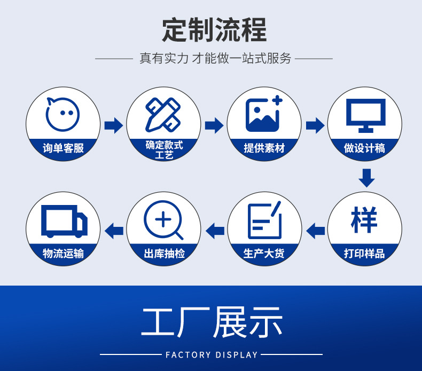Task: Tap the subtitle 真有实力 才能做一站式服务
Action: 215,59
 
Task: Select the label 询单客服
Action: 63,148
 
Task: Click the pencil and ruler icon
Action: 163,114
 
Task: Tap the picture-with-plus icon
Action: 264,114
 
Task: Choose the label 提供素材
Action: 264,148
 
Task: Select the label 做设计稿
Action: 365,148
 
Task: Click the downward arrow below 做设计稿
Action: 366,178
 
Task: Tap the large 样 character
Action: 364,219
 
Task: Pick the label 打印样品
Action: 365,253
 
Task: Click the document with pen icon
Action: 264,220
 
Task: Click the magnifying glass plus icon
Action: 163,220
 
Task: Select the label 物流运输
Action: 63,253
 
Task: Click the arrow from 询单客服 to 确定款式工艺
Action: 113,125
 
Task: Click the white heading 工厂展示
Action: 212,322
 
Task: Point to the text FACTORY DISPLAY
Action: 212,354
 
